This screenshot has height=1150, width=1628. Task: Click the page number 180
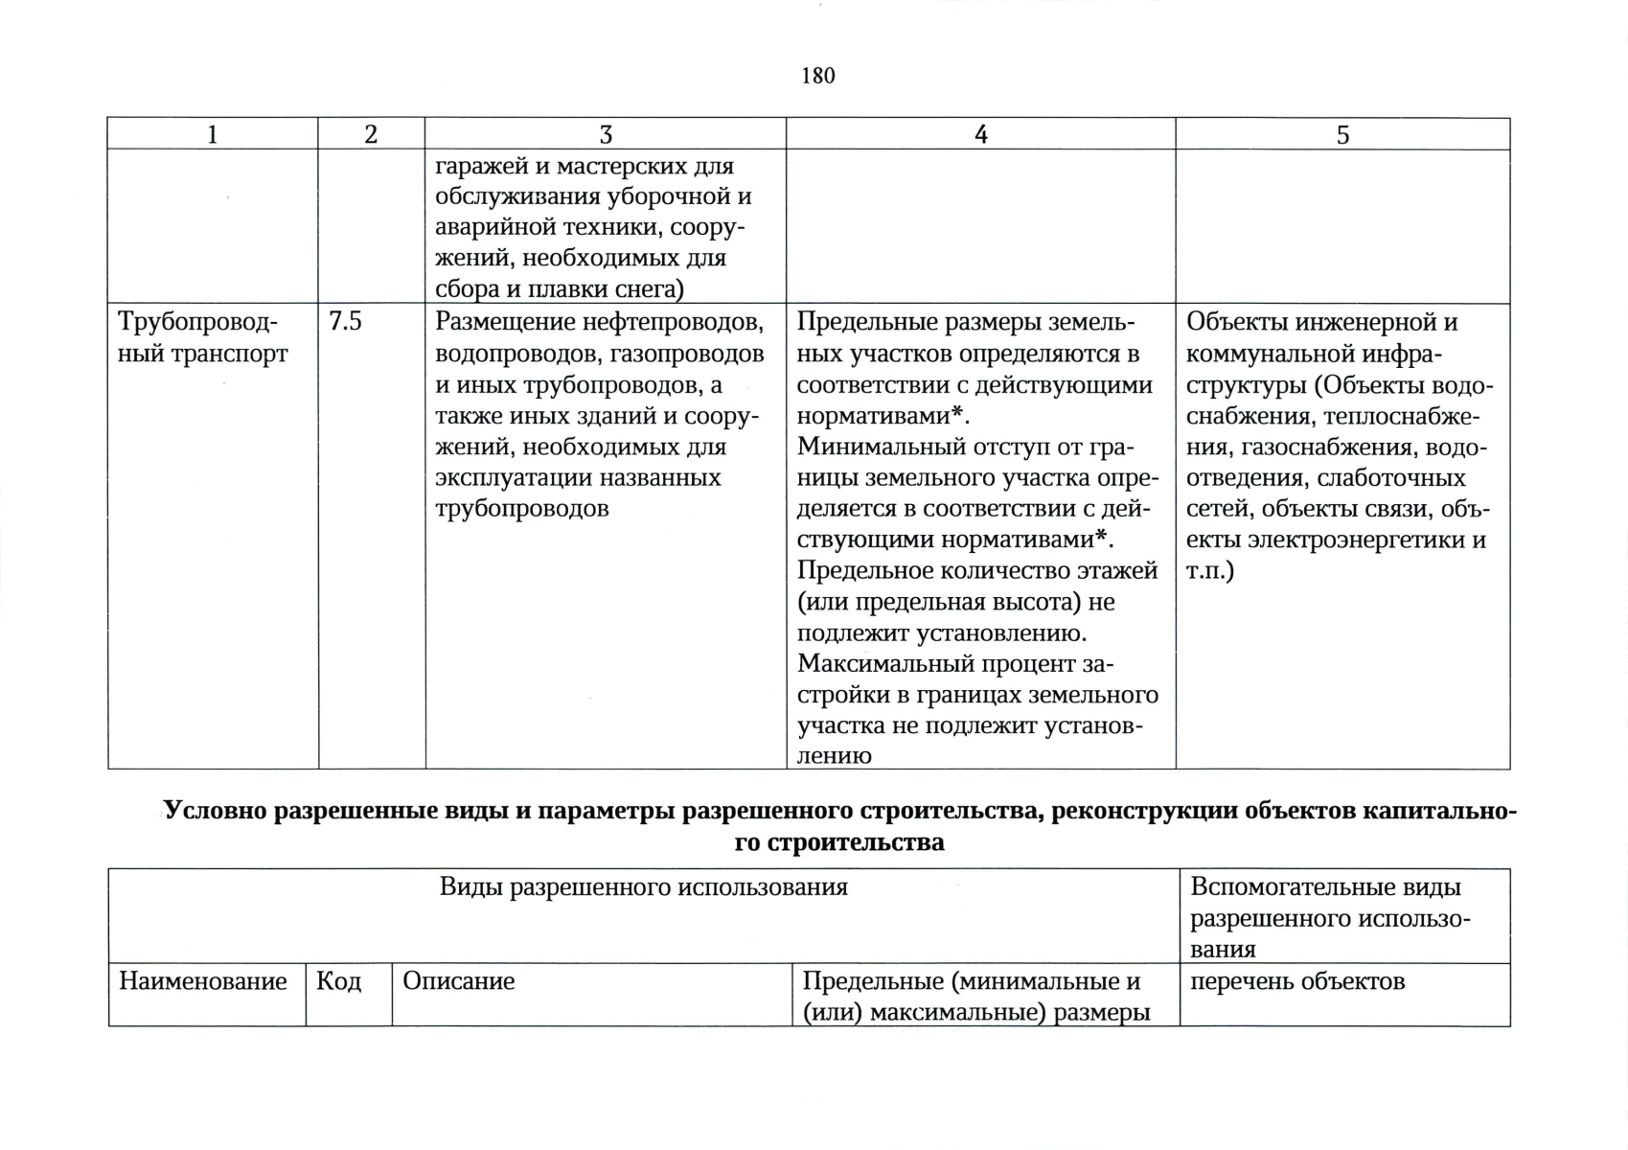coord(817,76)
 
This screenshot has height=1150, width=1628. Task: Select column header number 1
coord(212,135)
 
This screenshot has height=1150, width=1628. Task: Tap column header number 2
coord(371,135)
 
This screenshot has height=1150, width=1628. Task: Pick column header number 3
coord(605,135)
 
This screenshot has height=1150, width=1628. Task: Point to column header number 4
coord(980,135)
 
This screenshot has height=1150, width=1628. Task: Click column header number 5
coord(1342,135)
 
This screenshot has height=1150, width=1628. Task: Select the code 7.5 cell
coord(345,322)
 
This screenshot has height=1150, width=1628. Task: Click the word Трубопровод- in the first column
coord(197,323)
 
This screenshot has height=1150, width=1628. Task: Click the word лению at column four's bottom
coord(834,755)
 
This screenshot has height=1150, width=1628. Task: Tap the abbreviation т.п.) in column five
coord(1210,571)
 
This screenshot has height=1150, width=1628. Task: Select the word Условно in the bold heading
coord(214,811)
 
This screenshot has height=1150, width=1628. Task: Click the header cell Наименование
coord(203,981)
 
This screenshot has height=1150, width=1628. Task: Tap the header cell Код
coord(338,981)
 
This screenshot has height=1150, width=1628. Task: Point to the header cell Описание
coord(458,981)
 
